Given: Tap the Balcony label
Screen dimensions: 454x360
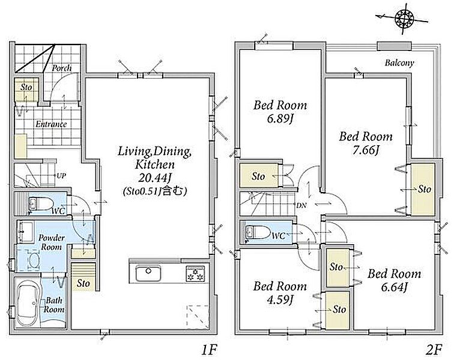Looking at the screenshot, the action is pyautogui.click(x=399, y=63).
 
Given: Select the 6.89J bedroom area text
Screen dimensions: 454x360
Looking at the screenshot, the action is pyautogui.click(x=280, y=119).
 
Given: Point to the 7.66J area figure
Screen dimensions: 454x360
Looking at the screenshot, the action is pyautogui.click(x=366, y=151).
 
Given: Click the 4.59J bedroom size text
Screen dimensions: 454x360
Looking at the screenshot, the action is pyautogui.click(x=279, y=300).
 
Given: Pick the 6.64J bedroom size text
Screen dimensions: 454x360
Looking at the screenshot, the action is pyautogui.click(x=395, y=287).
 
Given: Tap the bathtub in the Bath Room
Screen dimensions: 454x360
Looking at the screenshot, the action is pyautogui.click(x=28, y=304).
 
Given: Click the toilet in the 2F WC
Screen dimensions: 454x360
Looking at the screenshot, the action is pyautogui.click(x=258, y=232).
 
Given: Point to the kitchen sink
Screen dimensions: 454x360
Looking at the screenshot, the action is pyautogui.click(x=148, y=273).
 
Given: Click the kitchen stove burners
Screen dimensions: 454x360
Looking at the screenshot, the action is pyautogui.click(x=195, y=274).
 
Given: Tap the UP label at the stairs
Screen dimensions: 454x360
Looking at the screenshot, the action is pyautogui.click(x=61, y=176).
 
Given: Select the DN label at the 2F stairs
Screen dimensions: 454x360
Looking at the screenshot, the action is pyautogui.click(x=301, y=205).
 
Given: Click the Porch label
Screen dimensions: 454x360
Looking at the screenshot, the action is pyautogui.click(x=62, y=68).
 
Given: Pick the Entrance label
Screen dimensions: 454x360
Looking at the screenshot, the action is pyautogui.click(x=51, y=124).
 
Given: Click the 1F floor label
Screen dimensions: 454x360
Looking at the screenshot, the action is pyautogui.click(x=209, y=350).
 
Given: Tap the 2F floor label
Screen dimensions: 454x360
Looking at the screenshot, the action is pyautogui.click(x=434, y=350).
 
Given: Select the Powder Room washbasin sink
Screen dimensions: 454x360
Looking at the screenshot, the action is pyautogui.click(x=26, y=232).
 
